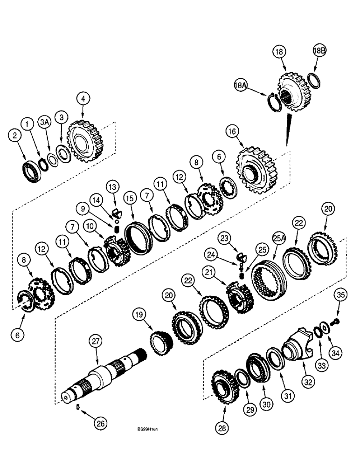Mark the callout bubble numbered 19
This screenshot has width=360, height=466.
point(140,316)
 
